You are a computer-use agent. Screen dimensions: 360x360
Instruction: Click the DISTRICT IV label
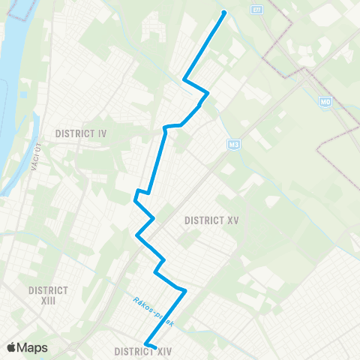81,133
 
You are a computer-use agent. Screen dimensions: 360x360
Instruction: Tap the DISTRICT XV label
211,220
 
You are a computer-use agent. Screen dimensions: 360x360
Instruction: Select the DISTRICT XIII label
48,295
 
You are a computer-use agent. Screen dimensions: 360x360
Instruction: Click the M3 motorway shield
232,142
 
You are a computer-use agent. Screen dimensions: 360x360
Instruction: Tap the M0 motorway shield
325,102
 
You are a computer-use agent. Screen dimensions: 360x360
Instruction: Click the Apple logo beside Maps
12,347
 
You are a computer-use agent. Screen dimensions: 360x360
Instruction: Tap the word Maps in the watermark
33,348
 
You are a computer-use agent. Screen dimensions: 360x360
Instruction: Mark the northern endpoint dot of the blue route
223,12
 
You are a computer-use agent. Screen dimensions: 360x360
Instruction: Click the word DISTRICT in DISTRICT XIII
48,289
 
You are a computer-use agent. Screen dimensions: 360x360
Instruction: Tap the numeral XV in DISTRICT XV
232,220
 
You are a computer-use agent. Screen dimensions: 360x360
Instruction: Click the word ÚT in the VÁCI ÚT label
34,148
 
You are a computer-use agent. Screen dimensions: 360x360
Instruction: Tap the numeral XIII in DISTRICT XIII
48,300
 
